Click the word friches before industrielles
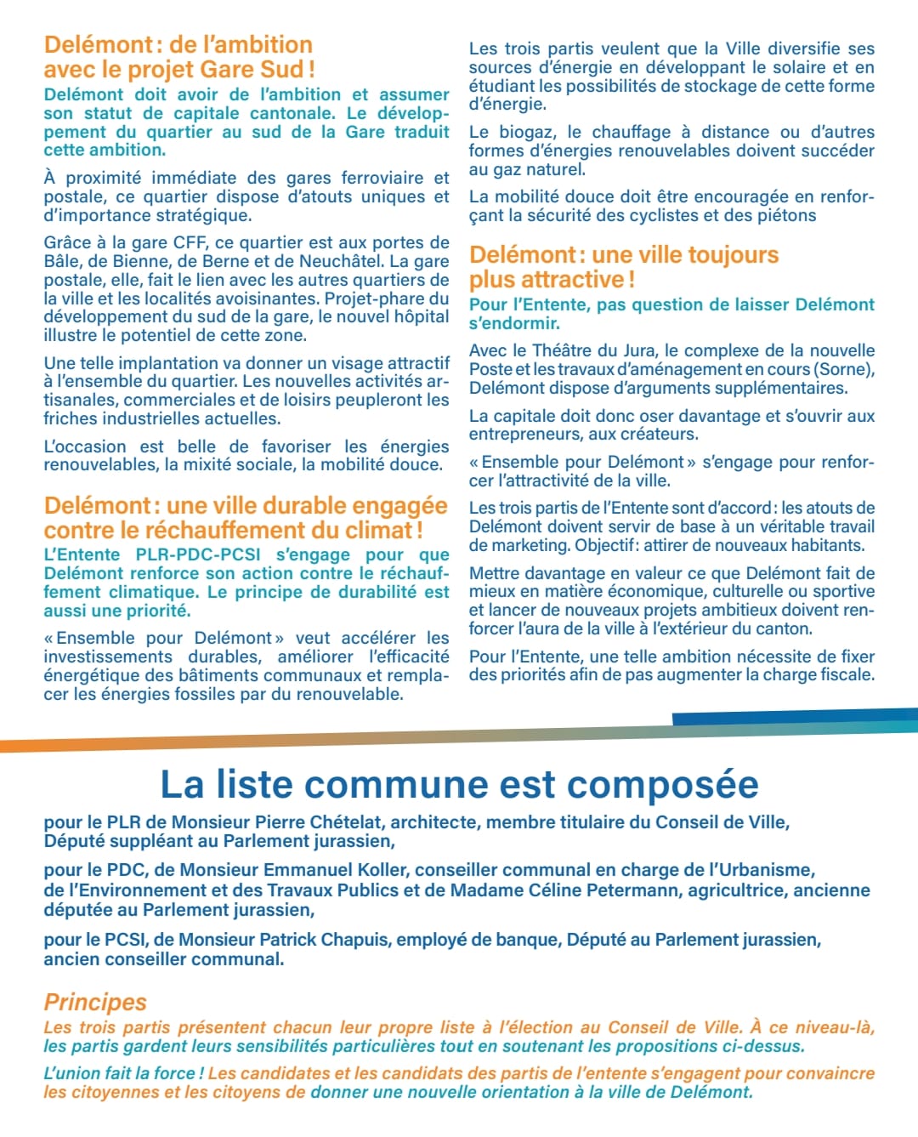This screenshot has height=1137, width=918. tap(68, 418)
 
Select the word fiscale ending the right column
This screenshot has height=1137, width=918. tap(843, 675)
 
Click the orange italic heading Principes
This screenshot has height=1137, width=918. tap(95, 1002)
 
